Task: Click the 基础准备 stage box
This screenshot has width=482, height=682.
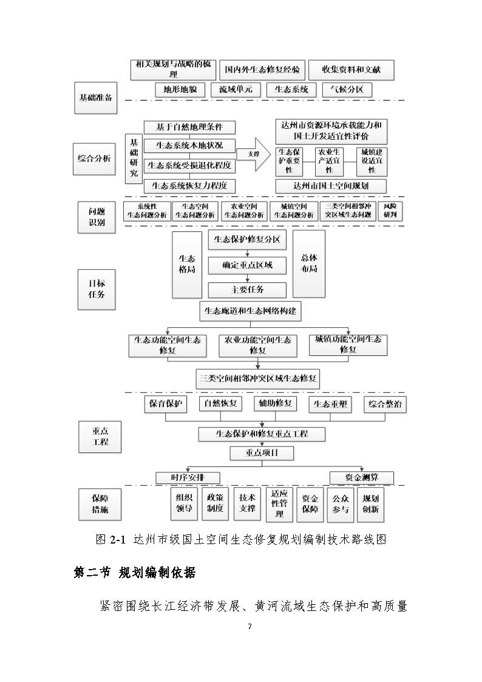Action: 96,97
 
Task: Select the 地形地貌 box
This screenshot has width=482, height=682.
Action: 176,90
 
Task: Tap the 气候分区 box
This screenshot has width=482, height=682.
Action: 346,90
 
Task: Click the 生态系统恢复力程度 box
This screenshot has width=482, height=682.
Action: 189,186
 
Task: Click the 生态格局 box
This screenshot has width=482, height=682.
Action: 187,264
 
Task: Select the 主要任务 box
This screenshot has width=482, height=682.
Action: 247,290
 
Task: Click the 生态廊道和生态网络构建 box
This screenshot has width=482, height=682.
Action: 250,312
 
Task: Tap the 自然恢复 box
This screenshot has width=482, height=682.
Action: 220,404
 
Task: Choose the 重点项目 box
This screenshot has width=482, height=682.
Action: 262,453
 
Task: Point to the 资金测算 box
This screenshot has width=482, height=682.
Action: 361,477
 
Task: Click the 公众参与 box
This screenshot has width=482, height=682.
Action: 341,504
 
